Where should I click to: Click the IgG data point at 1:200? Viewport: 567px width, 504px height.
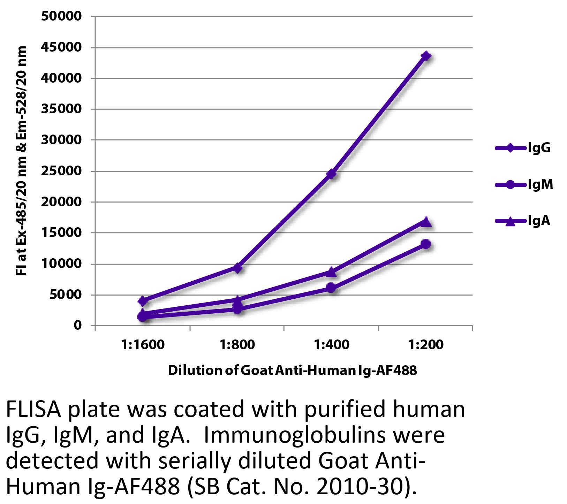click(x=426, y=56)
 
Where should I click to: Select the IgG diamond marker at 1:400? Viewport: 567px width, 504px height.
click(x=331, y=174)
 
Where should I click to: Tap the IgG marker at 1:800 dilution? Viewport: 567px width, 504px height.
click(x=237, y=268)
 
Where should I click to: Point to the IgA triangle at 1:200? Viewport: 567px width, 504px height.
click(x=426, y=222)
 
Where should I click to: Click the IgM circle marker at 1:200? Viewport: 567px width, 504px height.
click(x=426, y=244)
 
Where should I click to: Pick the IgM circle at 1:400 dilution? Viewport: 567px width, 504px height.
click(x=331, y=288)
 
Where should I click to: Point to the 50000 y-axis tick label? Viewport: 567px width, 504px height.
click(x=61, y=16)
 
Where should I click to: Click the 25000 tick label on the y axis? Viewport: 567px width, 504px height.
click(x=61, y=171)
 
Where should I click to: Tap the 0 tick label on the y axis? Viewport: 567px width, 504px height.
click(x=77, y=326)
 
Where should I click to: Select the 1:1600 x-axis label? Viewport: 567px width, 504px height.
click(x=142, y=345)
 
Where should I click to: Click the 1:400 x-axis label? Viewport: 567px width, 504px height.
click(x=331, y=345)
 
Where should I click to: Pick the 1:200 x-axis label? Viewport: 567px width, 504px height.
click(x=426, y=345)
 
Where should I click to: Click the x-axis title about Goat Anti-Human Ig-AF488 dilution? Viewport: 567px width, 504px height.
click(x=292, y=370)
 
